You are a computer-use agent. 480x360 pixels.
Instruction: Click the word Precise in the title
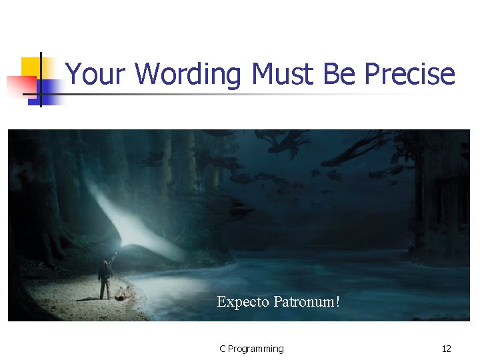(410, 74)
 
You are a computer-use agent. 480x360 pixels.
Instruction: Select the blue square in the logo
(48, 91)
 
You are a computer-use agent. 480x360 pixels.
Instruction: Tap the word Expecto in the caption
(243, 303)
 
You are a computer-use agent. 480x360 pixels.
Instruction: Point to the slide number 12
(446, 349)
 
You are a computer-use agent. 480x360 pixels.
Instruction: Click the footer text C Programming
(251, 349)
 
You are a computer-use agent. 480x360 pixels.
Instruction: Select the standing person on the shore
(105, 279)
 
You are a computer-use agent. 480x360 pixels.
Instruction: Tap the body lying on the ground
(122, 291)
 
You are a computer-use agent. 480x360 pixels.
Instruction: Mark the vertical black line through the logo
(41, 80)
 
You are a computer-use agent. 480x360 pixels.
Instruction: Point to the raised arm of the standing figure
(114, 257)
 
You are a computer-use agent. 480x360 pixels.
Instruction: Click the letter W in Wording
(148, 74)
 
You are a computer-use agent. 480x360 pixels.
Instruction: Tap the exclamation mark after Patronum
(338, 302)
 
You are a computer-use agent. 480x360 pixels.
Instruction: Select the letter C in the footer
(223, 349)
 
